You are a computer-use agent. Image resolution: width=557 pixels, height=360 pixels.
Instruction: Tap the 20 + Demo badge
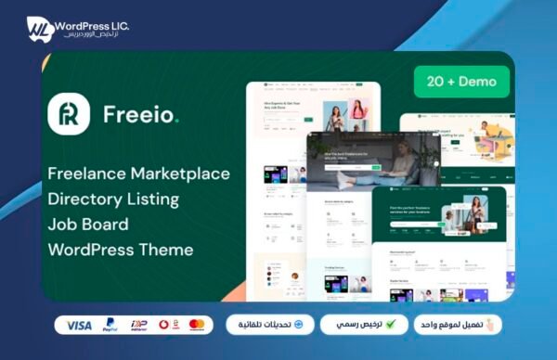pos(462,81)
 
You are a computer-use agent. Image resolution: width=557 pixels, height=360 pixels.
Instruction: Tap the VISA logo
pos(80,325)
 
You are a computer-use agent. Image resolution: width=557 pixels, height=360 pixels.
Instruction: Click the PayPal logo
pos(110,325)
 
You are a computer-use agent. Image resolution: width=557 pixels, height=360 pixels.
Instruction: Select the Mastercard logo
pos(196,325)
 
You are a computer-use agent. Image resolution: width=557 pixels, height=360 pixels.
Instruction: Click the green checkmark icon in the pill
pos(391,325)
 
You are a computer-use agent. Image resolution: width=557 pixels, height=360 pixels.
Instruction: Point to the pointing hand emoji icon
pos(493,324)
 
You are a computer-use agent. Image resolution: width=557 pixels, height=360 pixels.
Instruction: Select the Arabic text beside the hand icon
pos(452,325)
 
